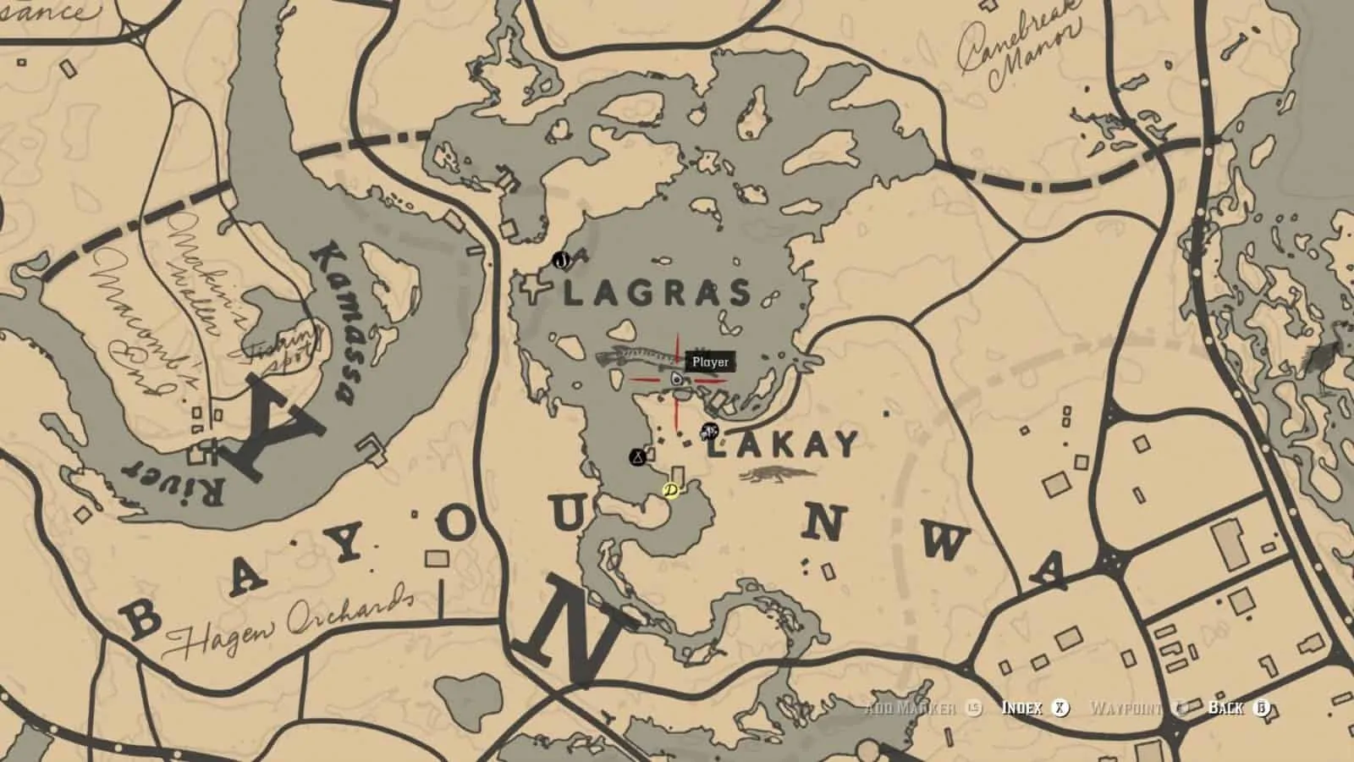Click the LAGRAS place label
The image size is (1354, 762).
[x=657, y=294]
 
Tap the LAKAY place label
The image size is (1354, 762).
[x=783, y=444]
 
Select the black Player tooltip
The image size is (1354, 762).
[x=710, y=362]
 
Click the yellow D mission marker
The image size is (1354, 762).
[x=671, y=490]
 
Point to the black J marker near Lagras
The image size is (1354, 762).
[x=560, y=261]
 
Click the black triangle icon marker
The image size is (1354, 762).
[x=637, y=458]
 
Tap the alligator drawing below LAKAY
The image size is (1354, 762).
[x=777, y=476]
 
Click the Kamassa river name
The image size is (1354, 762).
[x=333, y=322]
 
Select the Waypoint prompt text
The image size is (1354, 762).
[x=1125, y=708]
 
